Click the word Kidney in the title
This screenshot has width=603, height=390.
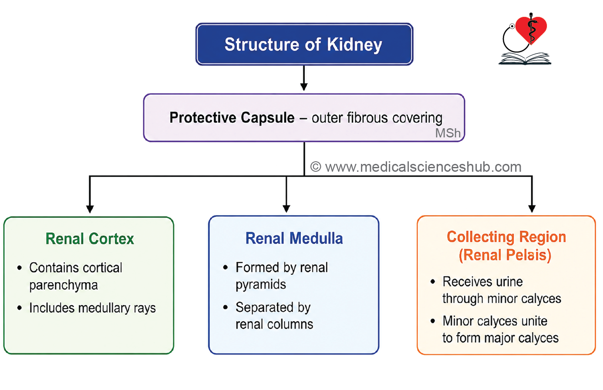click(354, 45)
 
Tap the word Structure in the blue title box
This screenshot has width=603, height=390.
click(262, 44)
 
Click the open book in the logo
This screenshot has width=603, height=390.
click(525, 59)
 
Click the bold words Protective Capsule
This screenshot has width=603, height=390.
click(232, 117)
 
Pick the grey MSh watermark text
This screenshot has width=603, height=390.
click(448, 133)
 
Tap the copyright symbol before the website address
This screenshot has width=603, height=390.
click(316, 167)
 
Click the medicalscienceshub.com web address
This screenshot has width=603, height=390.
click(423, 167)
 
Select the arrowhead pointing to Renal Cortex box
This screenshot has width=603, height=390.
click(90, 209)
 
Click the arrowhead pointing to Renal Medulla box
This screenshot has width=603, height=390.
click(286, 209)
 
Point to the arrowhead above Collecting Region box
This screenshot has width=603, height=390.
click(532, 209)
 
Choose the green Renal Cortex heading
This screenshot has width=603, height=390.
click(90, 239)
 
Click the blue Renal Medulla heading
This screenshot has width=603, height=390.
click(294, 238)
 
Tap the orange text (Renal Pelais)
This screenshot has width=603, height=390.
click(505, 255)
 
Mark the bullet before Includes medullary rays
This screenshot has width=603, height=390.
click(20, 308)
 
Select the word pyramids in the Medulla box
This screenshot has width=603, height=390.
click(261, 285)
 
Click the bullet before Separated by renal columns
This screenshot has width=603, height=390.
click(226, 307)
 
